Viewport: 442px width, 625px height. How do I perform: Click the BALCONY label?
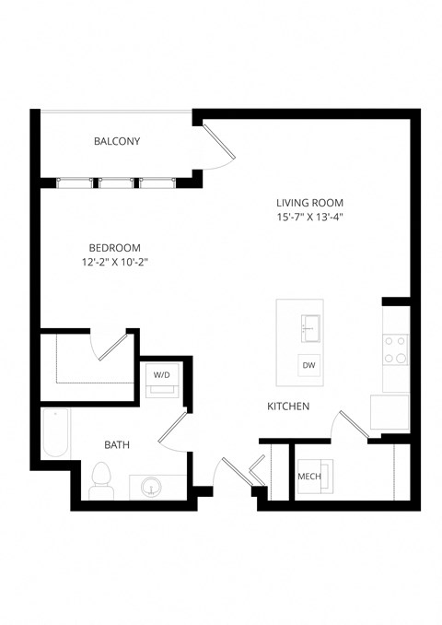[x=117, y=141]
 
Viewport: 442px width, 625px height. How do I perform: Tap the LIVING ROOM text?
[x=309, y=203]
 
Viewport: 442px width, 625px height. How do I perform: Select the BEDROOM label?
[x=114, y=247]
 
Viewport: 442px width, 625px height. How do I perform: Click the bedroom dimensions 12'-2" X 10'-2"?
[x=114, y=262]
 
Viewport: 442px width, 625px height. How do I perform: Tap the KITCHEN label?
[x=287, y=406]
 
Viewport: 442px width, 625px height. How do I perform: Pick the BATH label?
[x=117, y=444]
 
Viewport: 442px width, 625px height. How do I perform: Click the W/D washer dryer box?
[x=162, y=377]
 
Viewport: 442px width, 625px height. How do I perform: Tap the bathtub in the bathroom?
[x=55, y=434]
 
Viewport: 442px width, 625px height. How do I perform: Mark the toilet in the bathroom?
[x=101, y=479]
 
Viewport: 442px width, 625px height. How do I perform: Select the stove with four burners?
[x=396, y=348]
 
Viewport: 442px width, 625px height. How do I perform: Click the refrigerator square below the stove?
[x=390, y=411]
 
